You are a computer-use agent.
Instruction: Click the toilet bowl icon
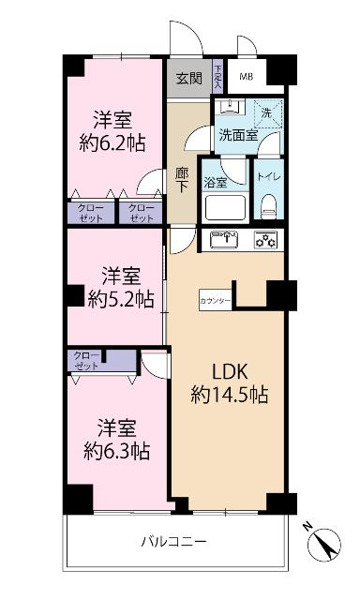pos(268,202)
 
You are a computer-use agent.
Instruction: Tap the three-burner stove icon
pos(267,240)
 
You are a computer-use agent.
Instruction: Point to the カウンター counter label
pos(214,300)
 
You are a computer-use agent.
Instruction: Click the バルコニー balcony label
pos(173,542)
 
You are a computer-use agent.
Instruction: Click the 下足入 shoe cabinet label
pos(217,77)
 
